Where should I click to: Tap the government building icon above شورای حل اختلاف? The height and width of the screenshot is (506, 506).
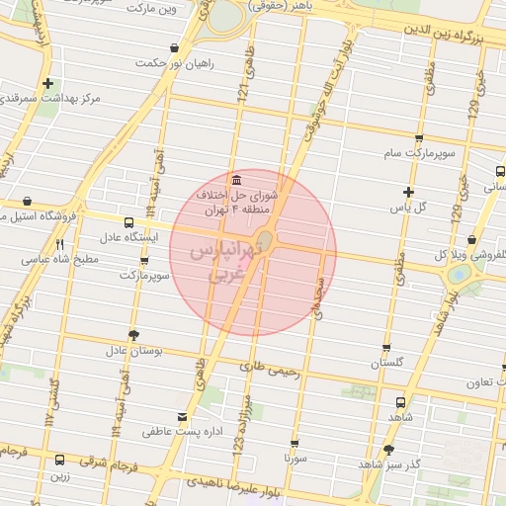click(236, 180)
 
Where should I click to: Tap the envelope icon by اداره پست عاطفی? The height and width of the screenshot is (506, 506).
click(181, 416)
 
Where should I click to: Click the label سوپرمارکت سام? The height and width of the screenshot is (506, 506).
click(419, 154)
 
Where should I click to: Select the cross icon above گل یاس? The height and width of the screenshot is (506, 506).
click(408, 192)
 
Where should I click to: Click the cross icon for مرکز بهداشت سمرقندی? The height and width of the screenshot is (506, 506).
click(47, 84)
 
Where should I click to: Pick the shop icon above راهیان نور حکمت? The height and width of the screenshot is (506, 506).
click(175, 47)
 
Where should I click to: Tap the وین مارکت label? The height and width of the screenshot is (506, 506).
click(149, 9)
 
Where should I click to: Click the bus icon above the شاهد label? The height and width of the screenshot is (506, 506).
click(399, 402)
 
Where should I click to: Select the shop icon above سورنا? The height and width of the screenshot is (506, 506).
click(295, 444)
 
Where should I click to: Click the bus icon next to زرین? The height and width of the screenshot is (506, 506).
click(60, 460)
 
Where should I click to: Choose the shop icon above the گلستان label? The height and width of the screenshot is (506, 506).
click(385, 348)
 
